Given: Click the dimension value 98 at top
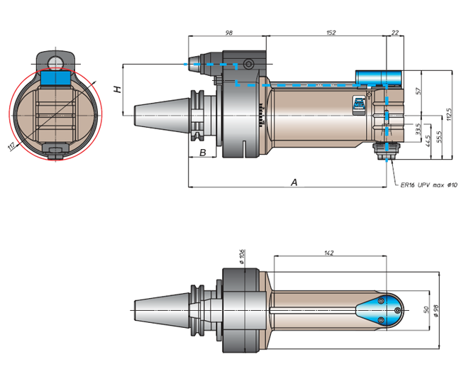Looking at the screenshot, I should [x=229, y=33].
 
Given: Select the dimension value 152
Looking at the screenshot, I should [x=331, y=33].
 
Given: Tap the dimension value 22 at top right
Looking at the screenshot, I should [x=394, y=33].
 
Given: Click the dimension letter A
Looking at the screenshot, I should [x=294, y=182].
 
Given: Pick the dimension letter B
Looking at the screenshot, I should [x=203, y=153].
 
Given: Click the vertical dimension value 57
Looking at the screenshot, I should [x=419, y=91].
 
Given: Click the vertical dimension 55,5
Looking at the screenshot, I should [x=439, y=135].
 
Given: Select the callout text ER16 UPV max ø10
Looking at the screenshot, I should [x=425, y=186].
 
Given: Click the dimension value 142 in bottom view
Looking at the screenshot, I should [x=328, y=253].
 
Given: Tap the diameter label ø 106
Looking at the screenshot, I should [x=242, y=257].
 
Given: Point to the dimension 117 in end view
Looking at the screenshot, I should [x=11, y=147].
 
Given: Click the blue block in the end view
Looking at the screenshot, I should [x=55, y=77].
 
